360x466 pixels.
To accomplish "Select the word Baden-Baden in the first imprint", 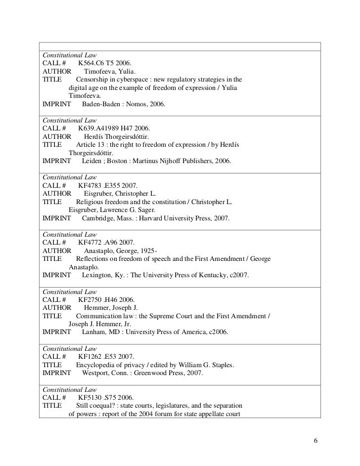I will [x=103, y=105].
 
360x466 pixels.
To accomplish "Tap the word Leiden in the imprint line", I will [x=92, y=162].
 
